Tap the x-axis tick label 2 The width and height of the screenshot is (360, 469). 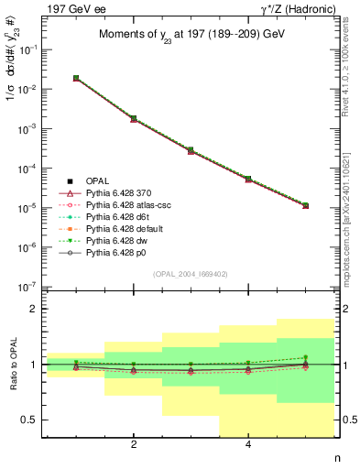134,446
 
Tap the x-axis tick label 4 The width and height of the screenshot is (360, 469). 248,446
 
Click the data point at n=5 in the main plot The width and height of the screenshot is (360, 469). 305,205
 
